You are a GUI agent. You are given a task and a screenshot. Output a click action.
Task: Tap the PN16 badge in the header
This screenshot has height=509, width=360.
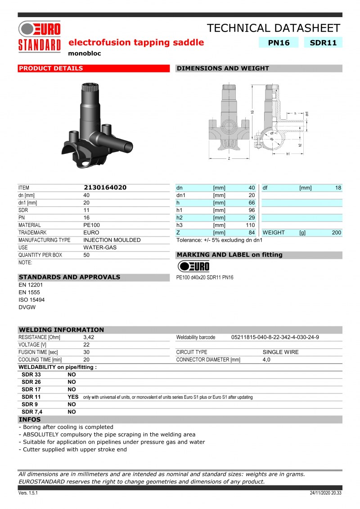(279, 43)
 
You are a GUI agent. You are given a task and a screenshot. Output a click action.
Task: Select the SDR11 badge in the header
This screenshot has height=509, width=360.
(323, 43)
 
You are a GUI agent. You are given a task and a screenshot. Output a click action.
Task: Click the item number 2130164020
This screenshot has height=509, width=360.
(105, 188)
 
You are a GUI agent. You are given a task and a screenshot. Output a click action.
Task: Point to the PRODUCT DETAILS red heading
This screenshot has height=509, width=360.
(51, 68)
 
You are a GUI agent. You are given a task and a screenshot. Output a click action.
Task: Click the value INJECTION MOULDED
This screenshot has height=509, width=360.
(112, 240)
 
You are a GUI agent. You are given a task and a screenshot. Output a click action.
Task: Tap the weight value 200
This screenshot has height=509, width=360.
(336, 233)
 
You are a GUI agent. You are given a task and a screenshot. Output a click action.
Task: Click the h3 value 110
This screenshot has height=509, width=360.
(250, 225)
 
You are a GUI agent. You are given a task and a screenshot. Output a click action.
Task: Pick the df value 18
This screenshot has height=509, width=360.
(338, 188)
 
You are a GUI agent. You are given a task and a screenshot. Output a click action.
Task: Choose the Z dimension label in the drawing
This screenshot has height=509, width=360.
(229, 158)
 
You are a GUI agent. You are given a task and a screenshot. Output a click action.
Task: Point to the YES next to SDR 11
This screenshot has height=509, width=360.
(73, 397)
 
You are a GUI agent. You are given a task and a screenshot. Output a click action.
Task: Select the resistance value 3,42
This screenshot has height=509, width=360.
(89, 337)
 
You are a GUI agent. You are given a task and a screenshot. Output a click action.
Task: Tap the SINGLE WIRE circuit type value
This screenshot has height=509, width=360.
(280, 352)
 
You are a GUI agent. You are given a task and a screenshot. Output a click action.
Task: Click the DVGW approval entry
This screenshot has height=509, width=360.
(27, 307)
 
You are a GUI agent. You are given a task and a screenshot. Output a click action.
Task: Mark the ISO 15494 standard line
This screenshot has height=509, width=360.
(31, 300)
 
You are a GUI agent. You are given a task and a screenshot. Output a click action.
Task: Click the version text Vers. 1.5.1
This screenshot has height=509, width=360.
(28, 493)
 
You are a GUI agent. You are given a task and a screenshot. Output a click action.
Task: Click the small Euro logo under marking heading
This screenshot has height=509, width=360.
(193, 266)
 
